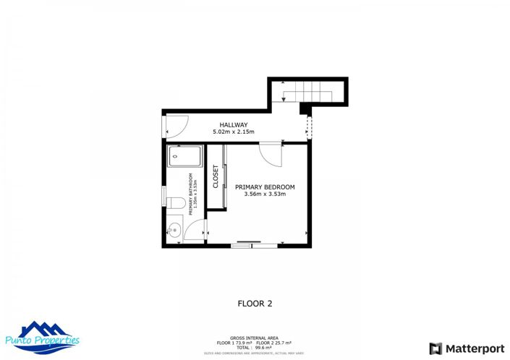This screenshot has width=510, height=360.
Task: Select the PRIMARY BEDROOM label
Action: point(265,187)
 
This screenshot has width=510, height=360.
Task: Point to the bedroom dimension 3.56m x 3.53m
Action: point(265,194)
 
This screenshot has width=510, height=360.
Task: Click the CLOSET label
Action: point(216,177)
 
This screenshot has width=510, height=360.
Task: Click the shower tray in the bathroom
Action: point(185,156)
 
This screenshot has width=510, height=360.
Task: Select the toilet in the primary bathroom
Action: point(174,202)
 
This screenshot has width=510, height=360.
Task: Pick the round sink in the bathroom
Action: point(174,231)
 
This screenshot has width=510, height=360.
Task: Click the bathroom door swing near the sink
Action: point(195,231)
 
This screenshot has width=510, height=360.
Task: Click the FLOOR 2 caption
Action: point(255,304)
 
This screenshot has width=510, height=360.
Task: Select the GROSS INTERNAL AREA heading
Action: point(254,338)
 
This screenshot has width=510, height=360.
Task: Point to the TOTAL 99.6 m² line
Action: point(254,347)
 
